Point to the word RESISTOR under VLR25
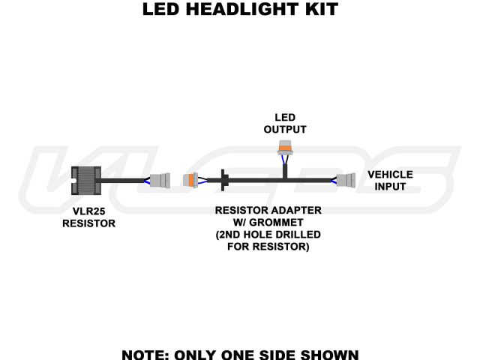[88, 223]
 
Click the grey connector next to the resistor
[159, 181]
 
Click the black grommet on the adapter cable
[223, 181]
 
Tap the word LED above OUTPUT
[285, 118]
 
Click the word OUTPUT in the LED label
[285, 129]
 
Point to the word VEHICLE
[390, 175]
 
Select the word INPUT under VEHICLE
[390, 186]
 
